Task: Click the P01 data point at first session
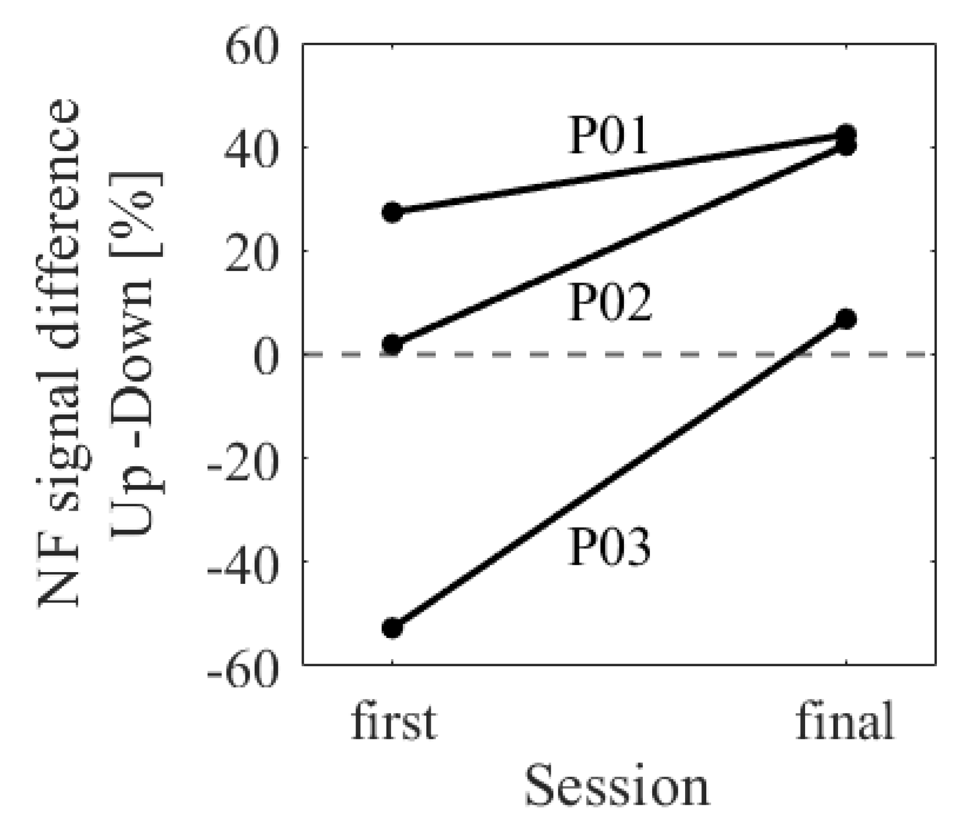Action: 392,213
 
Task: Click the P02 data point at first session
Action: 392,344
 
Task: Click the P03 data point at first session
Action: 392,628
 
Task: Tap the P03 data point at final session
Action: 846,319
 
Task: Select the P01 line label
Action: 608,137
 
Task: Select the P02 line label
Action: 610,304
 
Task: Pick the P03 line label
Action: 610,547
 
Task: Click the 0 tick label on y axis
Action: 265,355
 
